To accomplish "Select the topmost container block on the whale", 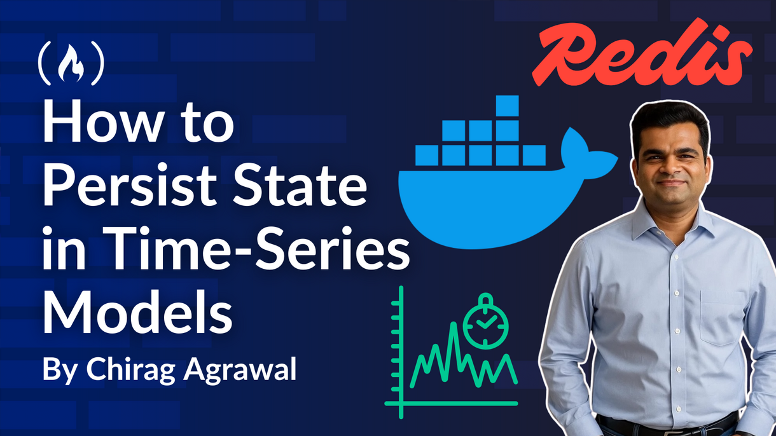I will (x=508, y=106).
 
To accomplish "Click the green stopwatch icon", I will (x=486, y=324).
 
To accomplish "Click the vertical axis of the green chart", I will (x=401, y=343).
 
